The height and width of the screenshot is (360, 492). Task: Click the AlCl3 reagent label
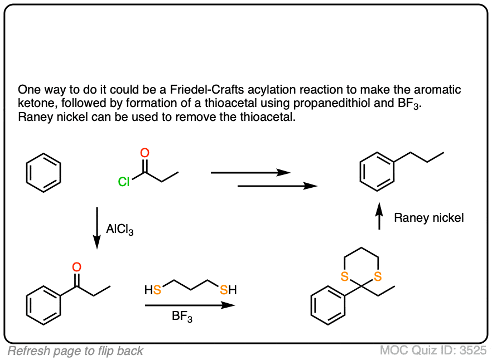[119, 228]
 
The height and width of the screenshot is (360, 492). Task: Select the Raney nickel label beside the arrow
[428, 218]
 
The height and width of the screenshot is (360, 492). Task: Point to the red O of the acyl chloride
[145, 153]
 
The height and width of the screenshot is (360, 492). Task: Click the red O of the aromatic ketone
[77, 267]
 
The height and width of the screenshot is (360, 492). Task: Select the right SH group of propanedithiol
[228, 290]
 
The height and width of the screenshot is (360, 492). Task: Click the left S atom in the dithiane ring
[344, 276]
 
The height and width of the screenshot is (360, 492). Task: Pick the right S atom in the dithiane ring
[378, 276]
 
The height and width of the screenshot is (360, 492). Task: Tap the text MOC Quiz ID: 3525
[433, 351]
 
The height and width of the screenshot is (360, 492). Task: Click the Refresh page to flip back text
[75, 351]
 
